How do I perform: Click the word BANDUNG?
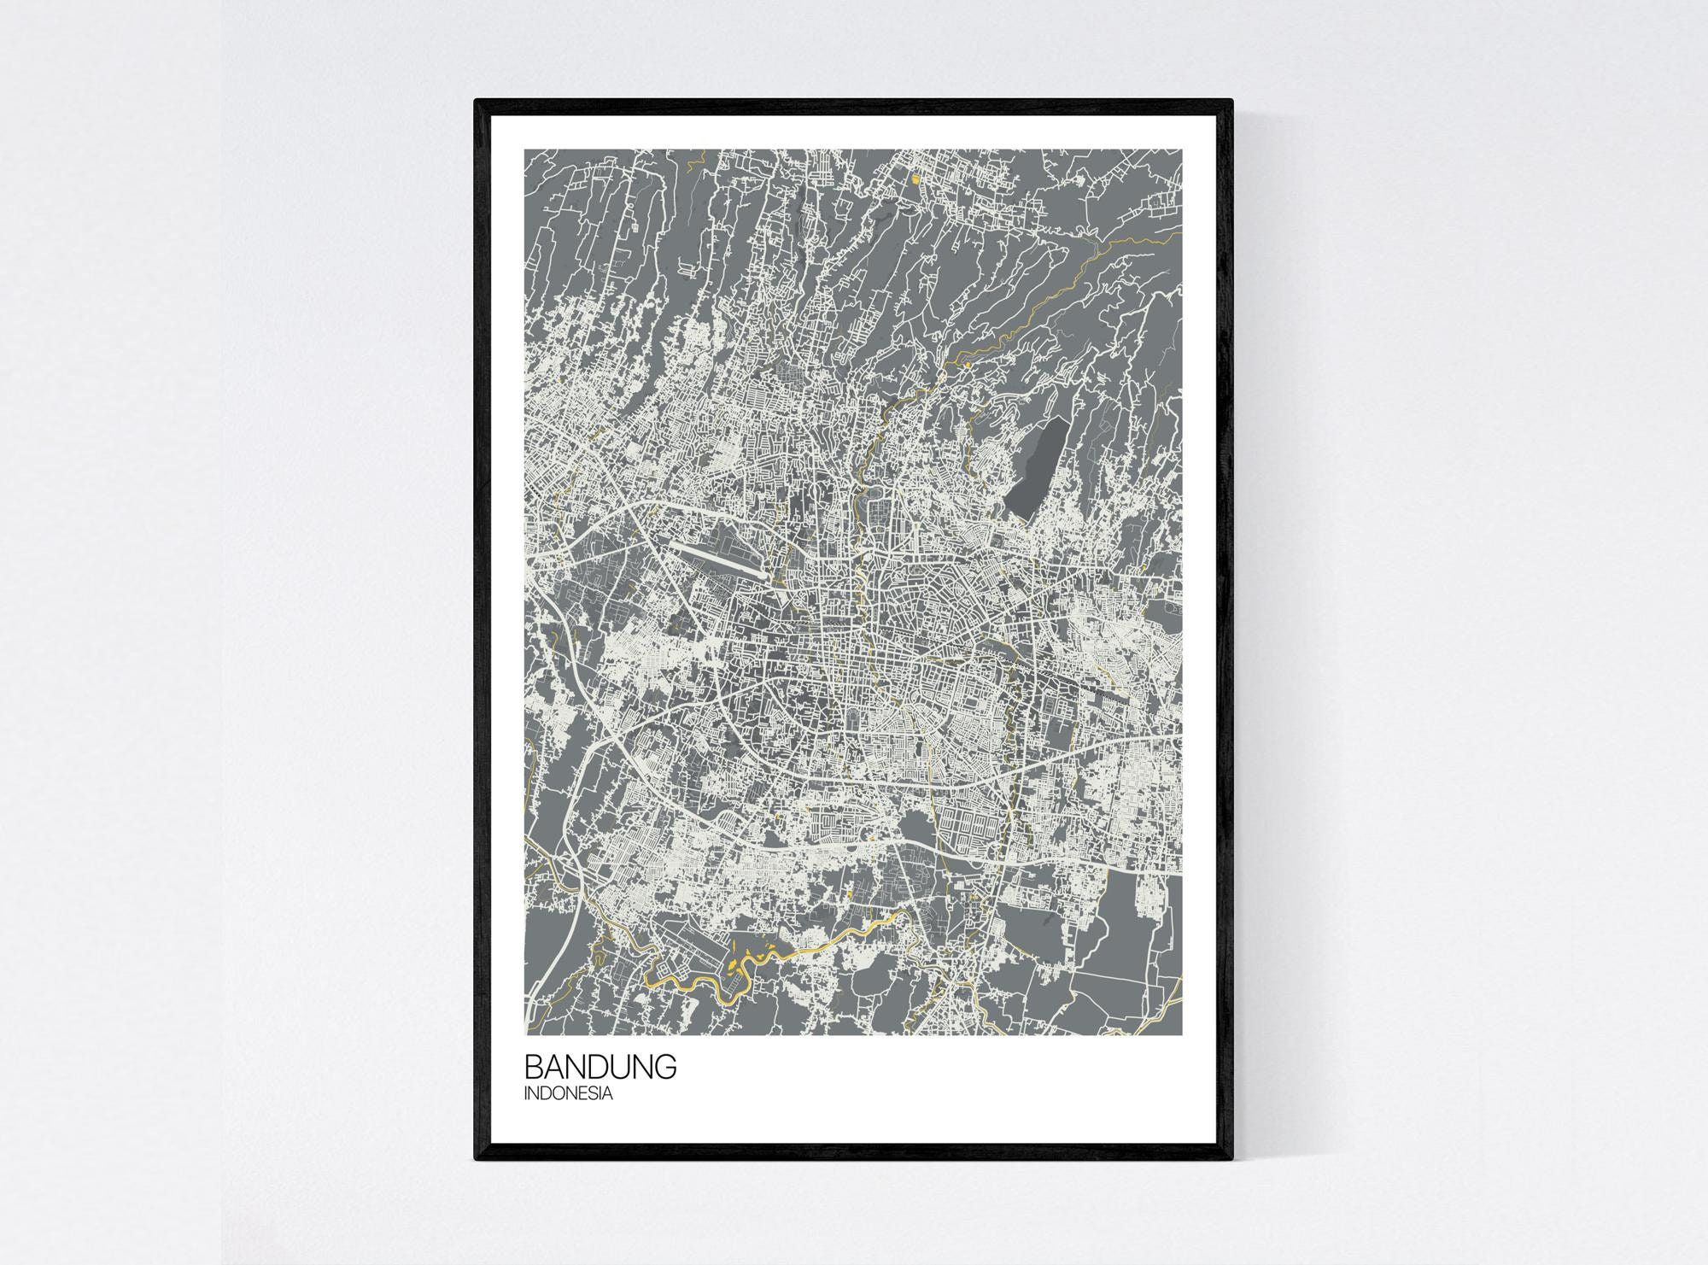click(600, 1068)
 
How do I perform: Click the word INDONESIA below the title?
click(568, 1093)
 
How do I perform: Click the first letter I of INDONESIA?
click(527, 1093)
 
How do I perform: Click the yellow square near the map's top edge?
click(916, 179)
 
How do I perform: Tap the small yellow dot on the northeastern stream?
click(968, 366)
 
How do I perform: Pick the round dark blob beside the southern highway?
click(915, 825)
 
